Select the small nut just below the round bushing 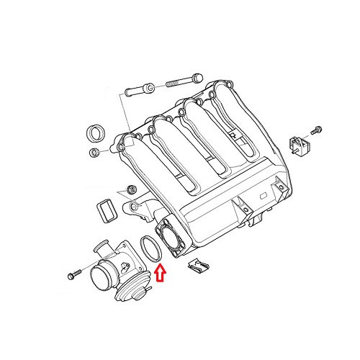click(x=94, y=153)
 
